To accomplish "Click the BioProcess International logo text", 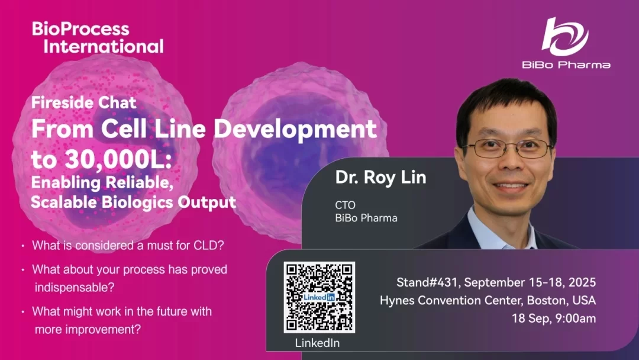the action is click(x=98, y=37).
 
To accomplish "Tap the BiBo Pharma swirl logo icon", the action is click(x=565, y=37).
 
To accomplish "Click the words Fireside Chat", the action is click(x=83, y=102).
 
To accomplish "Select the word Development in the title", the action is click(x=295, y=129).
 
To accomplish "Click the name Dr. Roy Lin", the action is click(x=380, y=178).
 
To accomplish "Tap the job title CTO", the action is click(x=345, y=205).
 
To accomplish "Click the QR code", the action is click(x=319, y=297).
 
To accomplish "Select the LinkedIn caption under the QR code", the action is click(x=318, y=343).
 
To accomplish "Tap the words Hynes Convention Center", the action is click(x=451, y=300).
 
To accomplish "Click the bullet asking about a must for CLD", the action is click(x=128, y=246).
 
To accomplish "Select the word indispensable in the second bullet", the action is click(x=75, y=287).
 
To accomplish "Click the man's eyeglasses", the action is click(x=508, y=149).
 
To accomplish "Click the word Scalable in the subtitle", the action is click(x=64, y=202).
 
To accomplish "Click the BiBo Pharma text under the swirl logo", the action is click(x=566, y=65).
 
